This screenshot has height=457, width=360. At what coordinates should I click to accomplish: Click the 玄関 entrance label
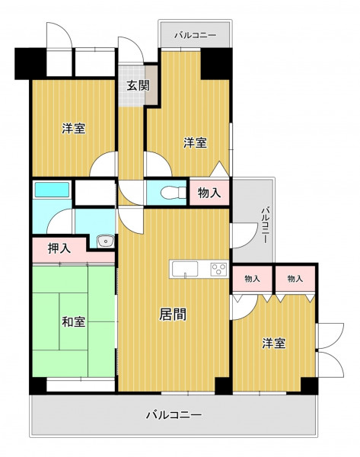pyautogui.click(x=138, y=86)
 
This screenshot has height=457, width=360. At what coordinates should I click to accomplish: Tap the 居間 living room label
pyautogui.click(x=173, y=315)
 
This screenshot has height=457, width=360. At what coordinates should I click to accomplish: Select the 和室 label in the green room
pyautogui.click(x=74, y=321)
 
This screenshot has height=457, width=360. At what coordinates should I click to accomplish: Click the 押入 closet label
pyautogui.click(x=59, y=248)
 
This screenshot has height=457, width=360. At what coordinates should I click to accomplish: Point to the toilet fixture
pyautogui.click(x=173, y=193)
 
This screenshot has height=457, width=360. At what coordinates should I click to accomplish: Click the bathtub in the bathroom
pyautogui.click(x=53, y=190)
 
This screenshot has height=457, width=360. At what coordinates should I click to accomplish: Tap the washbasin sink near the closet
pyautogui.click(x=106, y=241)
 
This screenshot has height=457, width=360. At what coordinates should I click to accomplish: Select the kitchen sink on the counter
pyautogui.click(x=185, y=269)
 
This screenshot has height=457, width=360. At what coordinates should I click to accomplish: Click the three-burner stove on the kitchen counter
pyautogui.click(x=218, y=269)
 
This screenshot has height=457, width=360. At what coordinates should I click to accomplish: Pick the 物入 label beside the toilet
pyautogui.click(x=209, y=193)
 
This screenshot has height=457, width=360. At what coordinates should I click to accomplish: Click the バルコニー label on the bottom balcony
pyautogui.click(x=174, y=414)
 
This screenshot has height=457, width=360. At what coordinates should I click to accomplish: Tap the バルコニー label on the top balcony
pyautogui.click(x=196, y=36)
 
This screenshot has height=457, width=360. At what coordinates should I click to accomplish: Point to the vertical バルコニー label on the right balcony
pyautogui.click(x=264, y=225)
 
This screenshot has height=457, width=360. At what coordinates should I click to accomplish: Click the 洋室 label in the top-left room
pyautogui.click(x=74, y=128)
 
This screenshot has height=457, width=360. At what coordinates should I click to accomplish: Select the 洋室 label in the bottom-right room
pyautogui.click(x=274, y=344)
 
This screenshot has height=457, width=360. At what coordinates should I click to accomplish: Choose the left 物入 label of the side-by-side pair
pyautogui.click(x=252, y=279)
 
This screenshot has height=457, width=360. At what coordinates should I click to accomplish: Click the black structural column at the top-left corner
pyautogui.click(x=30, y=63)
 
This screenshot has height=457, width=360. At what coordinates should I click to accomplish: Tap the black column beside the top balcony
pyautogui.click(x=216, y=63)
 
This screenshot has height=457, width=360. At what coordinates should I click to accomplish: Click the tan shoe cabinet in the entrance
pyautogui.click(x=151, y=85)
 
